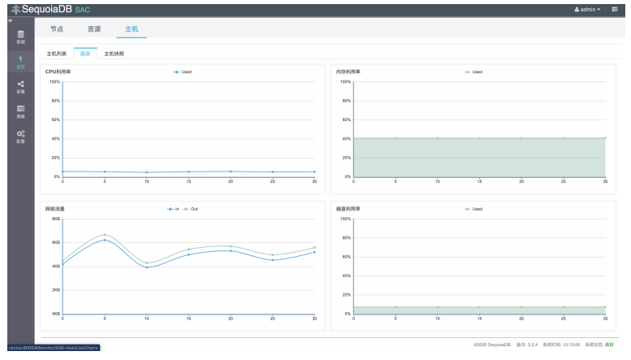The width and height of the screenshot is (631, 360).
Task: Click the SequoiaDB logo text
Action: [x=49, y=9]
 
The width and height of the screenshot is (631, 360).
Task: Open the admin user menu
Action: [x=587, y=9]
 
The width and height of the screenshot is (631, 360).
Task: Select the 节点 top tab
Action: [x=56, y=29]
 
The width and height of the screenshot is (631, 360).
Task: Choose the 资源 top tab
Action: [x=94, y=29]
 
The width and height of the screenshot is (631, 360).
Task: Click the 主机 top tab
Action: [x=132, y=29]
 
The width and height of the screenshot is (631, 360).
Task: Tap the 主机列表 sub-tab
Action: [x=57, y=54]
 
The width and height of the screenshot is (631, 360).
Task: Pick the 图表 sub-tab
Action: [x=85, y=54]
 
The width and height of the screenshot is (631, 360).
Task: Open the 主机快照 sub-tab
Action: [x=115, y=54]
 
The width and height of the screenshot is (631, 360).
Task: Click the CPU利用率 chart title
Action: [x=58, y=72]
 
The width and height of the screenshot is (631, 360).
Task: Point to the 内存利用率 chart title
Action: [x=348, y=72]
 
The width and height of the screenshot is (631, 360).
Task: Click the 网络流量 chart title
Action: [x=55, y=209]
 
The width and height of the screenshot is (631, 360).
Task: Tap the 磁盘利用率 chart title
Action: [x=348, y=209]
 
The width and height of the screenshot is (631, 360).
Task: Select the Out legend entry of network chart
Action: [x=192, y=209]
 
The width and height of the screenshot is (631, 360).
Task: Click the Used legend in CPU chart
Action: [x=183, y=72]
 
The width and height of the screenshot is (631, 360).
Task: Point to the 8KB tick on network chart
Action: [x=56, y=219]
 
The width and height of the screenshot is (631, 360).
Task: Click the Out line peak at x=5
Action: [x=105, y=235]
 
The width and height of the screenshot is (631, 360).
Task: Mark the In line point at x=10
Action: [x=147, y=267]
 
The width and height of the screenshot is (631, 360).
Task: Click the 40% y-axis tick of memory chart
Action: [x=346, y=138]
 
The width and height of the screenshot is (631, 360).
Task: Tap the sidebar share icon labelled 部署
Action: [x=20, y=86]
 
